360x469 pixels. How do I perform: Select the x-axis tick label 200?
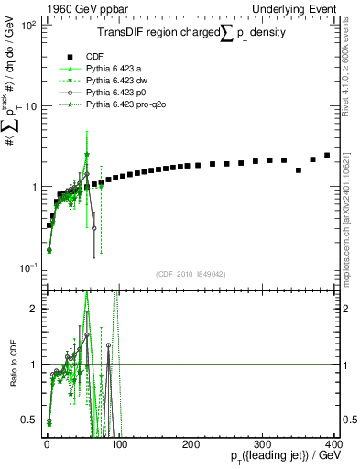click(x=191, y=442)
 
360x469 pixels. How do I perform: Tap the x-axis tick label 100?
click(x=119, y=442)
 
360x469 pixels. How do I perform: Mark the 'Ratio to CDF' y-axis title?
click(x=12, y=363)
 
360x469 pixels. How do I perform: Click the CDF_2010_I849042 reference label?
click(x=190, y=274)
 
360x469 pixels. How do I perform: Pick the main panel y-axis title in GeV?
click(x=12, y=110)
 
